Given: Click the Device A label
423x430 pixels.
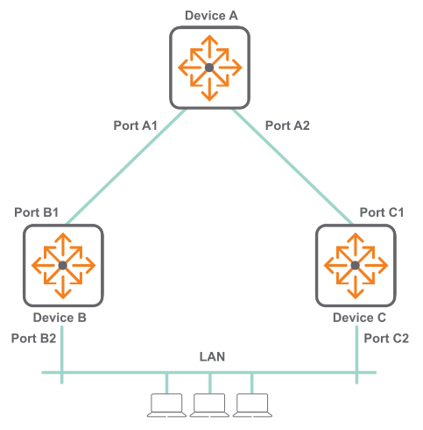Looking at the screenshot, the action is tap(211, 16).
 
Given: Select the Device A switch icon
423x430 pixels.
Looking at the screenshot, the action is tap(209, 68).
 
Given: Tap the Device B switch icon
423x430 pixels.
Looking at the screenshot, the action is tap(63, 265).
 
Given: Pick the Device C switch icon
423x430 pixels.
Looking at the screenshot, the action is tap(356, 265).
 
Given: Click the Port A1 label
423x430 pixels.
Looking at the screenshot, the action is tap(136, 125).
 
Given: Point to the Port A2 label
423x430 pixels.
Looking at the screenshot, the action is tap(287, 125).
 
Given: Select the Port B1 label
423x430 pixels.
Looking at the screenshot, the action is tap(37, 212).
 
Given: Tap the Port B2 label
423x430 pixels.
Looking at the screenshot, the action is tap(33, 339).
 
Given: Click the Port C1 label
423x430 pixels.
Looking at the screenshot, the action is tap(382, 212).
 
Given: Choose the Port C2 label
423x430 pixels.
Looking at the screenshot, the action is tap(386, 339).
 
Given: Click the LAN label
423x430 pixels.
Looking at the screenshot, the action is tap(212, 356).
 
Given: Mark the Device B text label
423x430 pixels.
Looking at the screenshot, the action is tap(60, 318).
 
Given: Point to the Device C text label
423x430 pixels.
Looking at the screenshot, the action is tap(359, 318).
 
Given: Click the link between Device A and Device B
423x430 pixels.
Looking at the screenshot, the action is tap(126, 167).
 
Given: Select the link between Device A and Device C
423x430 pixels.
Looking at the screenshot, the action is tap(293, 167).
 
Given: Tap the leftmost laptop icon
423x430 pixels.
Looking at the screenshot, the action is tap(166, 405).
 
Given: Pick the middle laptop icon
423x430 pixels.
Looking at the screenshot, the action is tap(209, 405).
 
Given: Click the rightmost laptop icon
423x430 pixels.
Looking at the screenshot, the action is tap(252, 405).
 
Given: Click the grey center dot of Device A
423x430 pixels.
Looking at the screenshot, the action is tap(209, 68).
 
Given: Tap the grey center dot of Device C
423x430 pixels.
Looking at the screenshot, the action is tap(356, 265).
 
